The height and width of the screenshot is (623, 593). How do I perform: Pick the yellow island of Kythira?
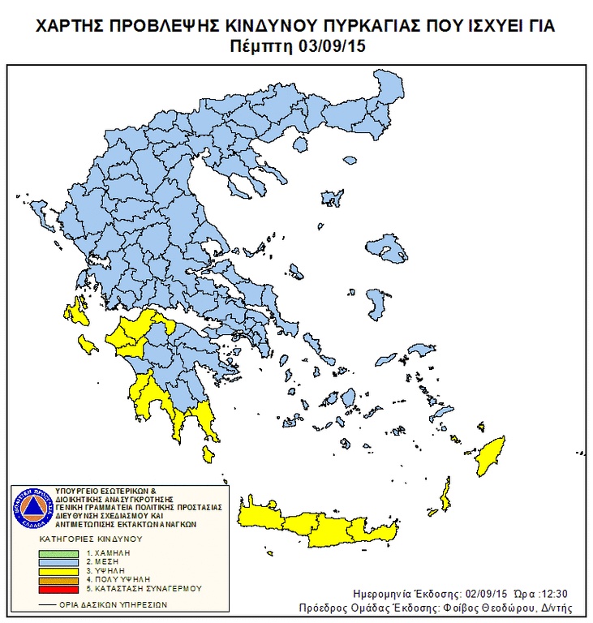point(208,453)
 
